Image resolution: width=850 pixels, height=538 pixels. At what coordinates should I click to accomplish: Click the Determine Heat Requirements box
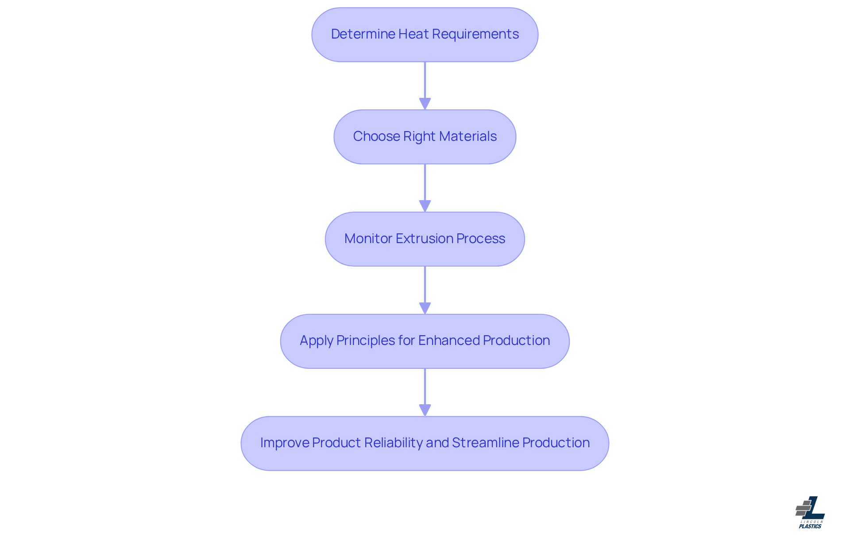tap(425, 35)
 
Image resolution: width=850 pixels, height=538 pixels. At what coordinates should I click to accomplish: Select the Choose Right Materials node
tap(425, 137)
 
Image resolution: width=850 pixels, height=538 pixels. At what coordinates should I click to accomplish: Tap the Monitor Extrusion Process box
tap(425, 239)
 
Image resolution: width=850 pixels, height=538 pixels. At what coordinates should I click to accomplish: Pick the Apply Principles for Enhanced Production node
tap(425, 341)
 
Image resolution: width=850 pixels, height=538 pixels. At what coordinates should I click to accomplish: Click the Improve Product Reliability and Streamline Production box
tap(425, 443)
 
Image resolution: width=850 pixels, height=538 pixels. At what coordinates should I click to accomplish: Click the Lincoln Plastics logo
tap(810, 512)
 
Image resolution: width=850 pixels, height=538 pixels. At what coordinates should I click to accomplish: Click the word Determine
tap(363, 34)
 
